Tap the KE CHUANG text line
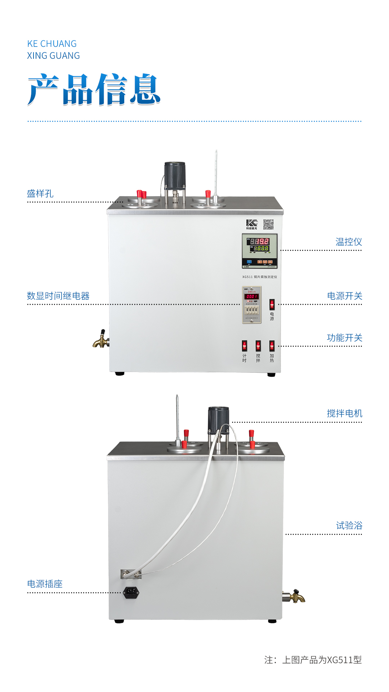52,44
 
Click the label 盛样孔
40,194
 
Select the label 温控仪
349,242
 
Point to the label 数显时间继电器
58,296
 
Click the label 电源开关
344,296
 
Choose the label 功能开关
344,338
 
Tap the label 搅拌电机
344,413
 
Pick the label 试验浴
349,525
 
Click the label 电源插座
45,584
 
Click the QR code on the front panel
268,225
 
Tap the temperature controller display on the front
259,251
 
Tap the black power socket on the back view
131,592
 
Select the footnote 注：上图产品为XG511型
313,660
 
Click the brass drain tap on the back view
296,596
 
